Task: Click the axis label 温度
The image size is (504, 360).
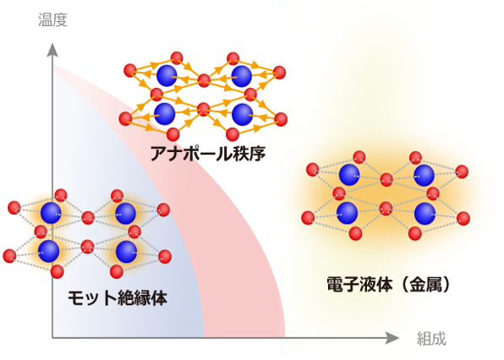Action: pos(52,19)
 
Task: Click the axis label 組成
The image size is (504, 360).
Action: pos(431,339)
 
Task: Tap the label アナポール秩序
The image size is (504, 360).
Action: pos(208,154)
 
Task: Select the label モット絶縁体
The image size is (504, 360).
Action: pos(118,297)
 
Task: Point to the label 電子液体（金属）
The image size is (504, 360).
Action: pos(388,284)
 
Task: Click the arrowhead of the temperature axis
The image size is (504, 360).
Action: pos(52,50)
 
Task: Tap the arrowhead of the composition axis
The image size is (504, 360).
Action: pos(392,338)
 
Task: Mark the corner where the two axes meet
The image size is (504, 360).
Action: pos(52,338)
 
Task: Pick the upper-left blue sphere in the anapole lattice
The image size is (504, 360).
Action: pos(167,76)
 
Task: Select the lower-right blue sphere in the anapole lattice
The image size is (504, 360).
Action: pos(243,114)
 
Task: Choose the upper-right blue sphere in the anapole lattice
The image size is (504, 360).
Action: pos(241,76)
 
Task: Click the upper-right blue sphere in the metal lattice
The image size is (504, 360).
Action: pos(424,175)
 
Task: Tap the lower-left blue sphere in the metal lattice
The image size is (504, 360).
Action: pos(348,213)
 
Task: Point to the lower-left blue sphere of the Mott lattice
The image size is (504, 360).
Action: pos(48,252)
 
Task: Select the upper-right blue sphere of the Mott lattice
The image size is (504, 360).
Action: pos(125,214)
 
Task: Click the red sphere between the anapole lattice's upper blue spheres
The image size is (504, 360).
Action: pos(204,80)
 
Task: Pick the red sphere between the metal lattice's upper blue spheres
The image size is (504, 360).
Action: pos(386,179)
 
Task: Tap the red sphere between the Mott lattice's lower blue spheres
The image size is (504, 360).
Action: pos(87,247)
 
